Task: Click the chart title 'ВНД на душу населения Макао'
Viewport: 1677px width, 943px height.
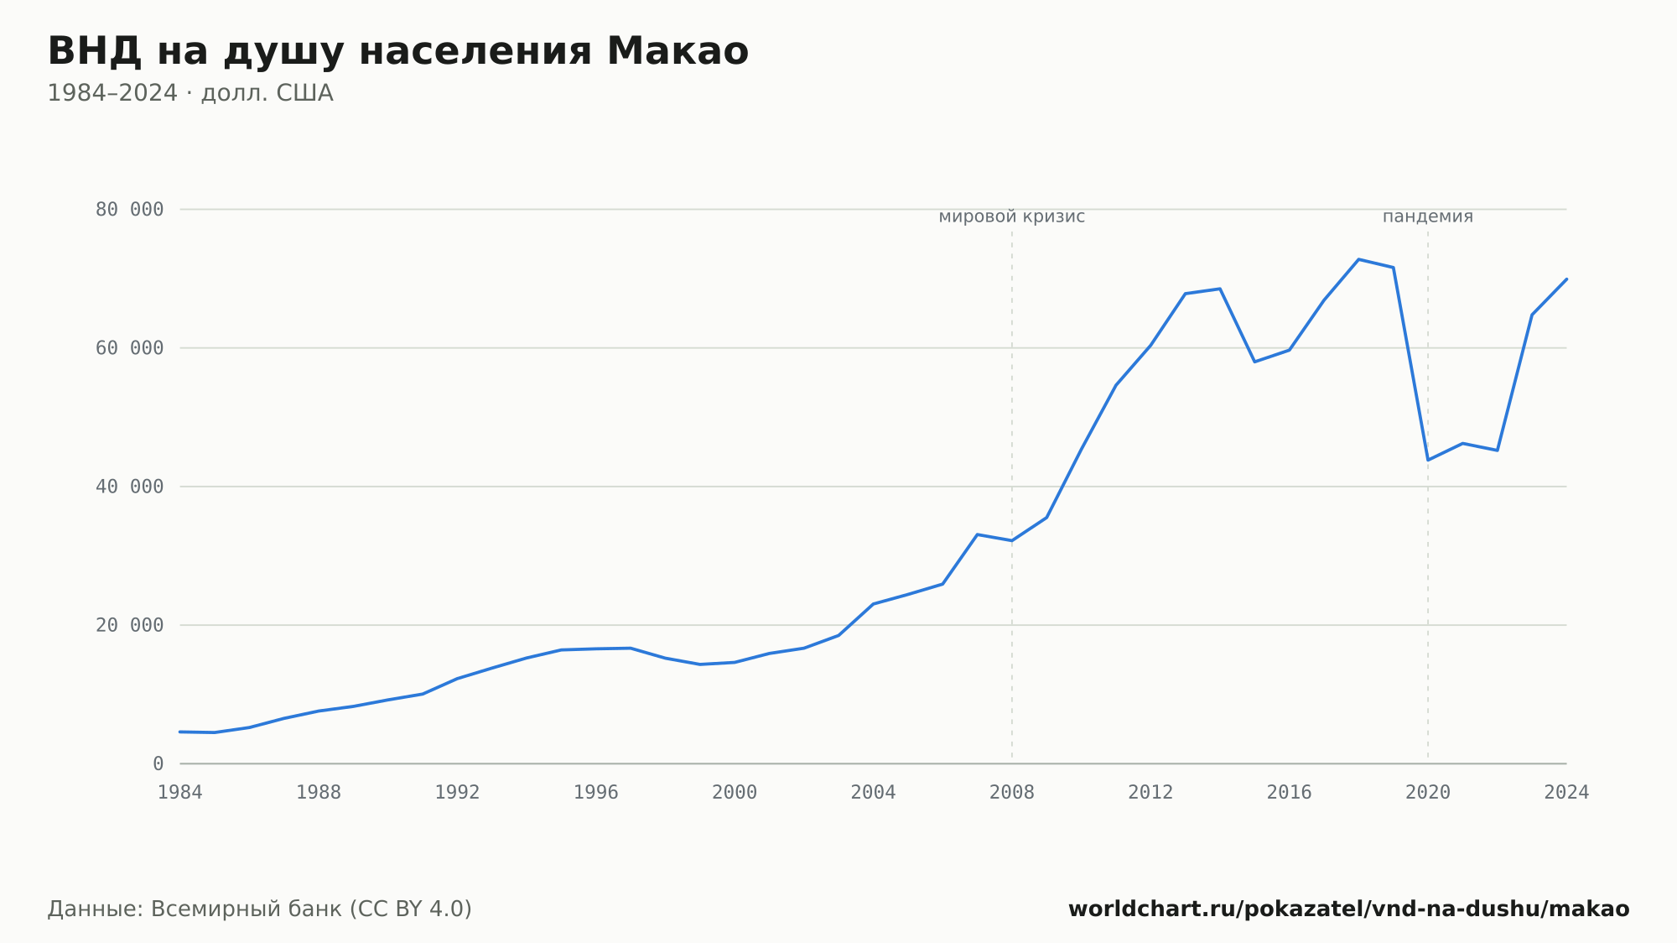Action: (398, 52)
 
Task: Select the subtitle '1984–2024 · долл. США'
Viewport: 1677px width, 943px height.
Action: (190, 93)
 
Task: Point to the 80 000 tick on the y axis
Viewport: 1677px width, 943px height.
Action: (130, 210)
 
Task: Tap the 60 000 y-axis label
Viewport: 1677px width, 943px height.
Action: (130, 348)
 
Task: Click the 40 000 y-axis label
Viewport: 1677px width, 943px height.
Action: (130, 487)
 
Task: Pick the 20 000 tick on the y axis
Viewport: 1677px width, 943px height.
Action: (130, 625)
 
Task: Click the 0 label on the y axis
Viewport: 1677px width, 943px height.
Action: (158, 764)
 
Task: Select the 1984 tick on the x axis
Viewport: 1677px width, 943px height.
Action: (180, 793)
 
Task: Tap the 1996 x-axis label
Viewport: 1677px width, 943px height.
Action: (596, 793)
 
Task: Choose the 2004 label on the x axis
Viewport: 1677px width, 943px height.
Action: (874, 793)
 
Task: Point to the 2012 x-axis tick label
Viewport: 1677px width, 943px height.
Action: (1150, 793)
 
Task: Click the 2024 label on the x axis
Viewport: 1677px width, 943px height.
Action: (1566, 793)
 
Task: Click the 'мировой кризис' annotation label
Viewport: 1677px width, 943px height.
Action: (1012, 216)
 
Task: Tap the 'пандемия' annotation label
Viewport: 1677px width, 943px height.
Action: (1428, 216)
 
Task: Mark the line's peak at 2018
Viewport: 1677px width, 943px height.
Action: (1358, 259)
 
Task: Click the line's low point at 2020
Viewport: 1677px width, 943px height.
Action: (1428, 460)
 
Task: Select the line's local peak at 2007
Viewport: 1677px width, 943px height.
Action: (978, 534)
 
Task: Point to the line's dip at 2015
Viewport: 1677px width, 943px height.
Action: (1254, 362)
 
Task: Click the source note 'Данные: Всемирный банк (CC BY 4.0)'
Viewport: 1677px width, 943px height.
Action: (260, 909)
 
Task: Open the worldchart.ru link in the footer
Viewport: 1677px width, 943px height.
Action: (1349, 909)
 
